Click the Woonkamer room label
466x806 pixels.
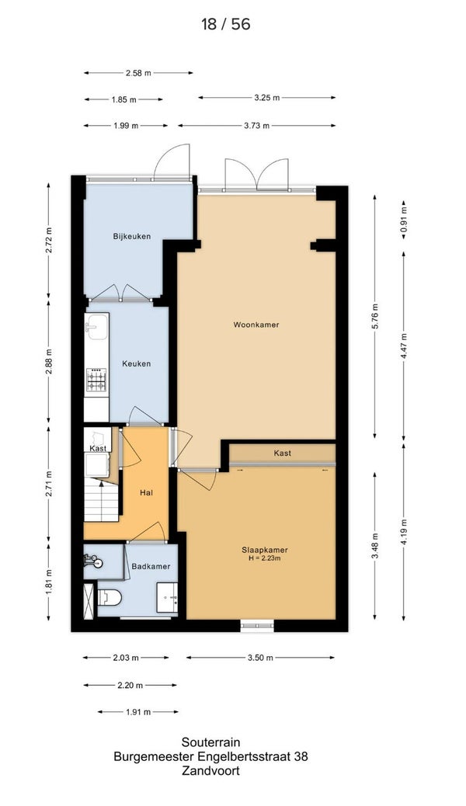(256, 325)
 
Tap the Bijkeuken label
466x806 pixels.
(132, 237)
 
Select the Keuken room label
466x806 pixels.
(136, 363)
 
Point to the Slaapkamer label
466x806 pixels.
(264, 550)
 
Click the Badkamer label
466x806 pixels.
(151, 567)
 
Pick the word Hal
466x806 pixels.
(147, 492)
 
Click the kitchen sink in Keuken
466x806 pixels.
(96, 326)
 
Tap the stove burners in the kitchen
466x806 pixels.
(96, 380)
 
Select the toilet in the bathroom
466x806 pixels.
(109, 597)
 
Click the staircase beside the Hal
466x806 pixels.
(101, 499)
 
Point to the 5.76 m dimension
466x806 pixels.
(375, 316)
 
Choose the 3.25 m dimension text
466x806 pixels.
(267, 98)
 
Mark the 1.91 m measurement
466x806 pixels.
(137, 712)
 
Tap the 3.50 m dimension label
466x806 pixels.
(260, 658)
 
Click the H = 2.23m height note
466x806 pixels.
(264, 558)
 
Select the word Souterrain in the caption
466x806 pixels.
(211, 742)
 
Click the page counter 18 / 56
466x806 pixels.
(226, 24)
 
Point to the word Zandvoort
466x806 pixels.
(211, 771)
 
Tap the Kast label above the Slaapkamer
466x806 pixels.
(283, 453)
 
